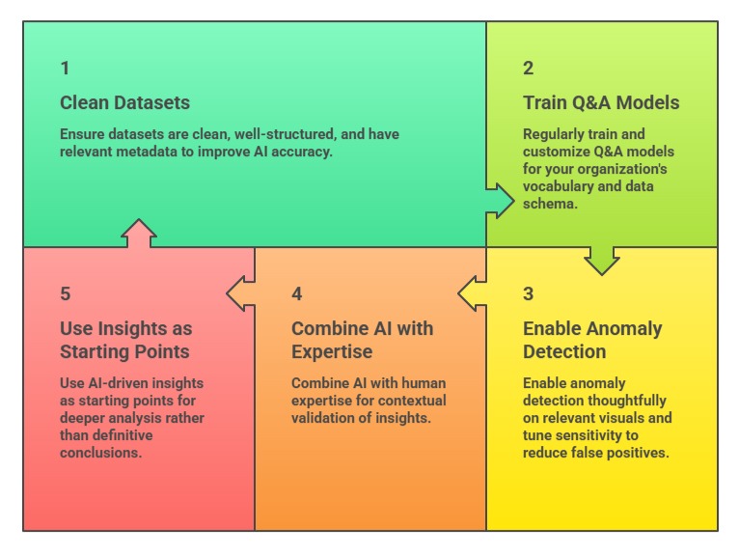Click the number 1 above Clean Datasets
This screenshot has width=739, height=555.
(x=65, y=69)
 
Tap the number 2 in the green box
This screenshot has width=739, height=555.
(x=528, y=69)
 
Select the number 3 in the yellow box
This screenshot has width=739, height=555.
(x=528, y=294)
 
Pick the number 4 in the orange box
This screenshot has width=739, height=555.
(x=297, y=294)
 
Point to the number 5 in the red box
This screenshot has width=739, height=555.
(x=65, y=294)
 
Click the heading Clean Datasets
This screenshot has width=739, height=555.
(x=124, y=103)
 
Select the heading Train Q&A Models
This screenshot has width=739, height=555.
(x=601, y=103)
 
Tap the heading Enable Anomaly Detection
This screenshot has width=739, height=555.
(x=592, y=340)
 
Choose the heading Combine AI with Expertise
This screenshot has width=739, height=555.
(x=362, y=340)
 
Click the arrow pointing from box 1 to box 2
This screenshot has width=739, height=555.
(x=499, y=200)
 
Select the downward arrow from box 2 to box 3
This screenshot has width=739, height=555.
(x=602, y=259)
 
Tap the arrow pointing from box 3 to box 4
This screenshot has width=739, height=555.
(x=473, y=292)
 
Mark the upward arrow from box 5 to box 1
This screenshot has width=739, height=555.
(x=140, y=235)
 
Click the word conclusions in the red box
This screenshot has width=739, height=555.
(x=100, y=453)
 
